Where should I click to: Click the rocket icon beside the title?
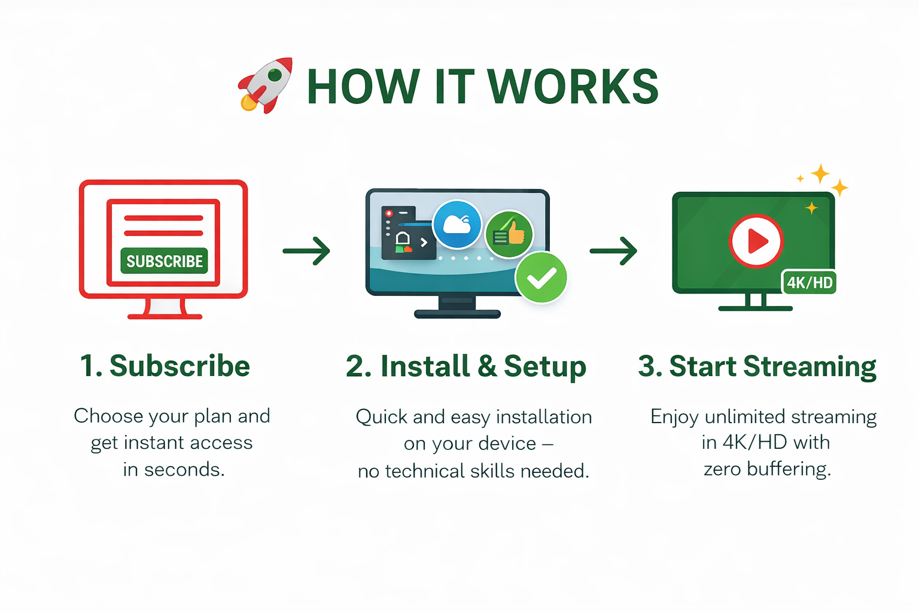tap(265, 85)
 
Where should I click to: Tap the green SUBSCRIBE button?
tap(164, 261)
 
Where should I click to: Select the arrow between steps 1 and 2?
tap(306, 250)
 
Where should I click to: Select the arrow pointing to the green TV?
tap(613, 250)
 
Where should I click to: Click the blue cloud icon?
tap(457, 224)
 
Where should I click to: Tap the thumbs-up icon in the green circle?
tap(509, 234)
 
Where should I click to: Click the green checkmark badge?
tap(541, 277)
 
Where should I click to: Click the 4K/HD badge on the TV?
tap(809, 283)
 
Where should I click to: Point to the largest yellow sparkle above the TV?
tap(820, 174)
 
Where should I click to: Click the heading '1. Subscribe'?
tap(165, 366)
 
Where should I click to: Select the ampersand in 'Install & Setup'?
tap(487, 366)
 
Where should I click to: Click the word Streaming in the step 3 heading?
tap(810, 367)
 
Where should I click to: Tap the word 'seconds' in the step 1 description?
tap(184, 470)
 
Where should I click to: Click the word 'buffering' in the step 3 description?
tap(789, 469)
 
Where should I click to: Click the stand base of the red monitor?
tap(165, 316)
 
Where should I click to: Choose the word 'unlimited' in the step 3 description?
tap(745, 417)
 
